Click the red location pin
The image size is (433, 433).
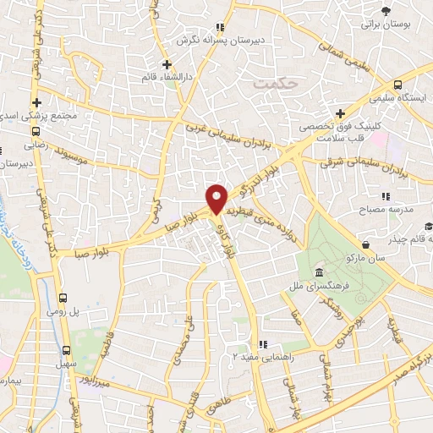coord(217,198)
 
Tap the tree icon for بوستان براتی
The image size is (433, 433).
coord(386,10)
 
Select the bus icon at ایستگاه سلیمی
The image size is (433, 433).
coord(397,85)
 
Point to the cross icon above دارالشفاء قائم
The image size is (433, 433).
coord(167,63)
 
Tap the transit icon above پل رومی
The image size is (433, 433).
coord(64,298)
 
